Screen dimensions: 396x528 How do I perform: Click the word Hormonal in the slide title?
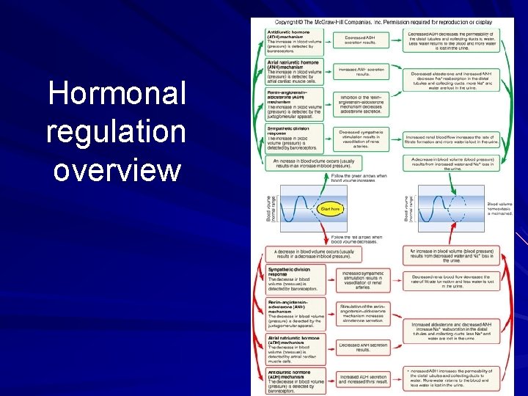(117, 95)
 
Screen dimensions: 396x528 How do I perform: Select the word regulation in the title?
(116, 133)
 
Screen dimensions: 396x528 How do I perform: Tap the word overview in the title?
(117, 170)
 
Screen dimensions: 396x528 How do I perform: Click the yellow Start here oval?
(330, 209)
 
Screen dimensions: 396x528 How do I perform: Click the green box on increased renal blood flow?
(451, 139)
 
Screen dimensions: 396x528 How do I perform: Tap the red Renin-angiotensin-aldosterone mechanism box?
(293, 311)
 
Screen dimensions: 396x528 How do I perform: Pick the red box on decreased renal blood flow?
(451, 282)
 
